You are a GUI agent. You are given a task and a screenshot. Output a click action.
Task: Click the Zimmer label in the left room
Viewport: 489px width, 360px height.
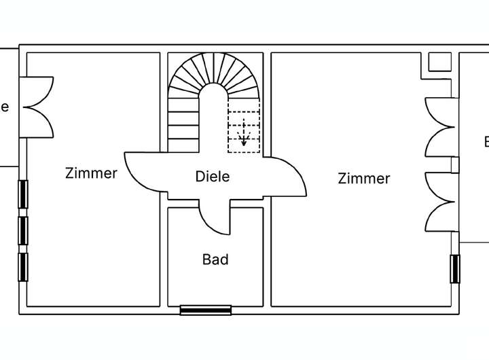pos(91,173)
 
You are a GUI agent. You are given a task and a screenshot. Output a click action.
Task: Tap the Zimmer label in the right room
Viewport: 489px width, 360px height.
pos(364,179)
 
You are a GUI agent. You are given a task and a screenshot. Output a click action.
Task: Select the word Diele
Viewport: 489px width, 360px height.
pos(212,177)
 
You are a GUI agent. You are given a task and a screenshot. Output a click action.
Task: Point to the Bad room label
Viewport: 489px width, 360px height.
pos(215,259)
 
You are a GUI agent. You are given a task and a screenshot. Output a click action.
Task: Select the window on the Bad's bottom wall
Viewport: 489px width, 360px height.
pos(206,310)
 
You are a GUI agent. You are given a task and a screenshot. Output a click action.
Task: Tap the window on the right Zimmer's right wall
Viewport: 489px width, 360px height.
pos(455,269)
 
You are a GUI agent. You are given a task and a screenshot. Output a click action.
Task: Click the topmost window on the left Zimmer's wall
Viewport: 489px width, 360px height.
pos(24,194)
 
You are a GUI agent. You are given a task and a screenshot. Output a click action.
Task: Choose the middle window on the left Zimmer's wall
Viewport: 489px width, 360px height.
pos(24,230)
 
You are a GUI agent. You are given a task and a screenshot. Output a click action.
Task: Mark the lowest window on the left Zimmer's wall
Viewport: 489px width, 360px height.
pos(24,266)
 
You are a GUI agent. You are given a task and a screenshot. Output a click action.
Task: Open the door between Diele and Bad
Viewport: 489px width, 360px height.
pos(214,217)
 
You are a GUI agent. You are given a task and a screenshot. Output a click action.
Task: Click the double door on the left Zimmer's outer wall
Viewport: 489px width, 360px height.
pos(38,107)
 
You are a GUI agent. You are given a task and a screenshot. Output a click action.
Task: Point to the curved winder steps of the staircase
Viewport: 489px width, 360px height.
pos(214,73)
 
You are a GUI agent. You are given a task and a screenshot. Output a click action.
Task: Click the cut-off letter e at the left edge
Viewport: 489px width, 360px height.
pos(5,107)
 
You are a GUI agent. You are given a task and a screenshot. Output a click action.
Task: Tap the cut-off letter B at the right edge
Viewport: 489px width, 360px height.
pos(486,142)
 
